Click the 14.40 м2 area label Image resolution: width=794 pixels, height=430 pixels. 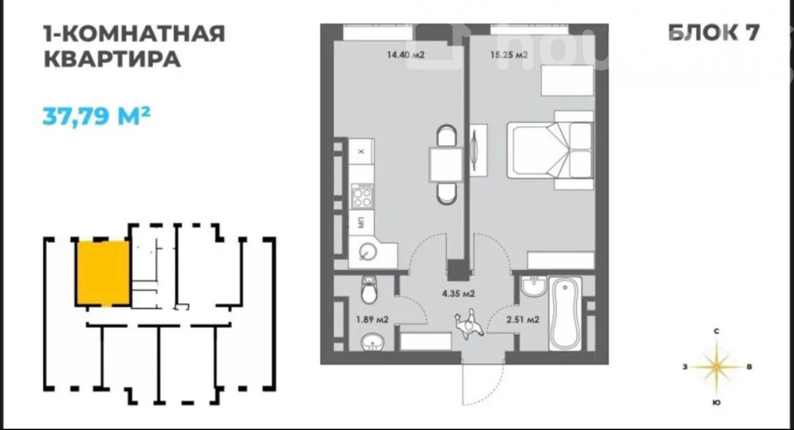pyautogui.click(x=406, y=55)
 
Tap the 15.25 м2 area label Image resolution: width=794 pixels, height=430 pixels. pyautogui.click(x=509, y=55)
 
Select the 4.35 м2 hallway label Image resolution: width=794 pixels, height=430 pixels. pyautogui.click(x=458, y=294)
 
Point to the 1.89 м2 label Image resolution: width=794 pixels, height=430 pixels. pyautogui.click(x=372, y=320)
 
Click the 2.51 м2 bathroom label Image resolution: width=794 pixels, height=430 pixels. pyautogui.click(x=523, y=320)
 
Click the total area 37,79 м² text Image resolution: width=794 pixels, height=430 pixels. pyautogui.click(x=97, y=116)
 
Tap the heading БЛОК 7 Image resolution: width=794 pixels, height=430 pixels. pyautogui.click(x=714, y=33)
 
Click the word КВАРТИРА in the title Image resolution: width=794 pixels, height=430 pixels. pyautogui.click(x=112, y=59)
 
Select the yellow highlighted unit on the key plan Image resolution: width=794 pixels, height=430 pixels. pyautogui.click(x=103, y=273)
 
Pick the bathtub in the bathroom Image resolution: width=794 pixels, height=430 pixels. pyautogui.click(x=565, y=314)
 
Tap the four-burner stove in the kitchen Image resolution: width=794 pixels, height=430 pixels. pyautogui.click(x=362, y=196)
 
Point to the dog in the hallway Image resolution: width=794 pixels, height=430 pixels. pyautogui.click(x=468, y=323)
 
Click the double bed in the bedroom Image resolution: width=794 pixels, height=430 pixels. pyautogui.click(x=550, y=150)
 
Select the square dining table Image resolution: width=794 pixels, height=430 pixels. pyautogui.click(x=446, y=165)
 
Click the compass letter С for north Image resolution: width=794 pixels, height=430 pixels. pyautogui.click(x=717, y=331)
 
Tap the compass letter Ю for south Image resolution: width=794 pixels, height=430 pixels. pyautogui.click(x=717, y=403)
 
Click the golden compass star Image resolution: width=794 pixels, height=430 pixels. pyautogui.click(x=717, y=367)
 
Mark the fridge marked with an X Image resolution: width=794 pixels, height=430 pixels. pyautogui.click(x=361, y=151)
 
